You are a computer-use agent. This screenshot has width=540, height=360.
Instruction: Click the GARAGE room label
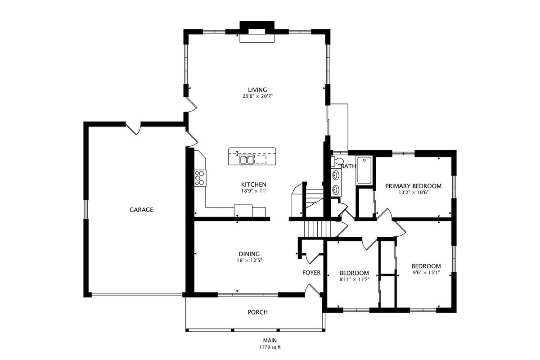(x=141, y=210)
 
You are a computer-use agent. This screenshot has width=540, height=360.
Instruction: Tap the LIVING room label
(x=257, y=90)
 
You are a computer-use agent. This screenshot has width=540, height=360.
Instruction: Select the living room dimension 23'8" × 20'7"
(x=257, y=96)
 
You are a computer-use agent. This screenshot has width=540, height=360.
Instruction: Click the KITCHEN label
(x=254, y=184)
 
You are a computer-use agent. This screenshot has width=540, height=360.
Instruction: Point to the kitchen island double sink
(x=247, y=160)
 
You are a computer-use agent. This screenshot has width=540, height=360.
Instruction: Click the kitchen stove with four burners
(x=200, y=178)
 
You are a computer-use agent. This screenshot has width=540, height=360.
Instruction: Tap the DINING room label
(x=249, y=254)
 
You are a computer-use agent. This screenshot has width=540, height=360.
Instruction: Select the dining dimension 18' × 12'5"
(x=249, y=261)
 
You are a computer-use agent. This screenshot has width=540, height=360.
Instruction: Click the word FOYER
(x=311, y=273)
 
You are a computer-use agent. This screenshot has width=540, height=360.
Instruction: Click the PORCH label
(x=258, y=312)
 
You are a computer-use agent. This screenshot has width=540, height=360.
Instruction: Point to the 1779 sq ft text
(x=270, y=347)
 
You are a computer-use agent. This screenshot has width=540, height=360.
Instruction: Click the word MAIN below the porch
(x=270, y=340)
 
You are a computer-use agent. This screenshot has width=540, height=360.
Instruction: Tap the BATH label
(x=348, y=166)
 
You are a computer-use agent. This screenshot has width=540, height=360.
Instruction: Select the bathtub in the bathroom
(x=364, y=170)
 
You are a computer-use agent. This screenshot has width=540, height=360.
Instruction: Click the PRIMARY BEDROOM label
(x=413, y=186)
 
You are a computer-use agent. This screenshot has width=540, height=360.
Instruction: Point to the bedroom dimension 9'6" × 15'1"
(x=426, y=273)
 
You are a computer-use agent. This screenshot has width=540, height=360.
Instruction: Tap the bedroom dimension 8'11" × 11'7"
(x=355, y=279)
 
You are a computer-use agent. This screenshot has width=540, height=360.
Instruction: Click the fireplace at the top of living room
(x=257, y=32)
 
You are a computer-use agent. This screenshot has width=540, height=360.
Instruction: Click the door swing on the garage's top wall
(x=133, y=129)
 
